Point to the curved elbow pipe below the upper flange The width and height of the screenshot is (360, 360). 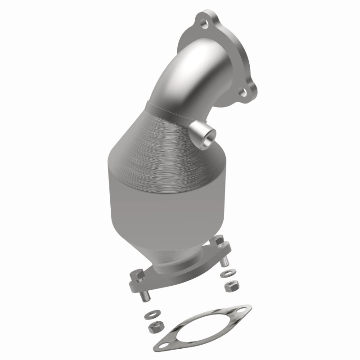tap(171, 85)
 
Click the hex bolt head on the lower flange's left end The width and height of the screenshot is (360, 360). tap(136, 275)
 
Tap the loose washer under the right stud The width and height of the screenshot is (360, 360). tap(225, 274)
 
